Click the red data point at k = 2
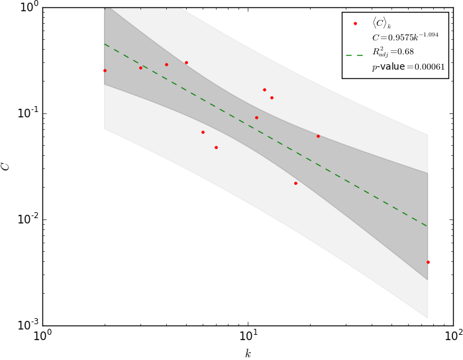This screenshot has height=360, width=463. tap(105, 70)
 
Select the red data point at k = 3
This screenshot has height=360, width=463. tap(140, 68)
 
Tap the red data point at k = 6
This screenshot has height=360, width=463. tap(203, 132)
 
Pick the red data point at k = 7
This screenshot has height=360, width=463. tap(216, 147)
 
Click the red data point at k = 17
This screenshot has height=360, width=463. tap(295, 183)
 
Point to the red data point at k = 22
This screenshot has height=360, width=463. tap(318, 136)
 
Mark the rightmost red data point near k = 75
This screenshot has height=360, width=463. tap(428, 262)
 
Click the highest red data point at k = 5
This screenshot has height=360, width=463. tap(186, 62)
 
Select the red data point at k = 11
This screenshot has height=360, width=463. tap(256, 117)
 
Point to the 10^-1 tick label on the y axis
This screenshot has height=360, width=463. tap(25, 113)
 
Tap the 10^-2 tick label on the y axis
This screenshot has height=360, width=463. tap(25, 219)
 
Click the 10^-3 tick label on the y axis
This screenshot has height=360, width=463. tap(25, 326)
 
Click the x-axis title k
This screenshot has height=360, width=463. tap(248, 353)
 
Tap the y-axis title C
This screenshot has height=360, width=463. tap(6, 166)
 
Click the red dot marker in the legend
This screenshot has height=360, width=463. tap(356, 23)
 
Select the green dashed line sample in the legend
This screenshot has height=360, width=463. tap(356, 55)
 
